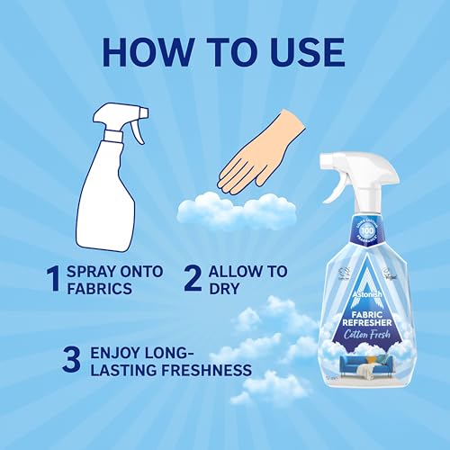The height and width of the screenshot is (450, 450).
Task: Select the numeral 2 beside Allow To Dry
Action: point(191,279)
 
